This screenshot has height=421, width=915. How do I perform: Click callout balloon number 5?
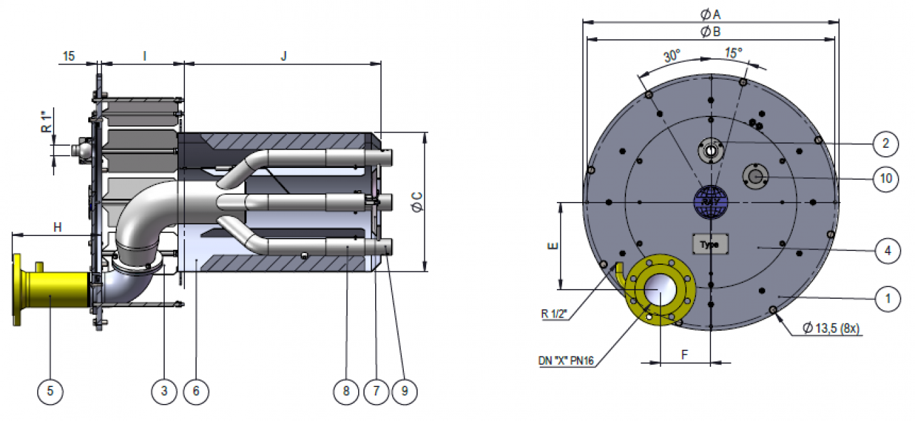(x=50, y=391)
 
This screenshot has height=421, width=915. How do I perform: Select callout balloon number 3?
(x=164, y=391)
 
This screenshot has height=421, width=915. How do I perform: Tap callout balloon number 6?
(x=196, y=391)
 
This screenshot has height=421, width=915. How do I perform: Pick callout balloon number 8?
(x=346, y=391)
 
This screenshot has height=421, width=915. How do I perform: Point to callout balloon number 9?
(x=405, y=391)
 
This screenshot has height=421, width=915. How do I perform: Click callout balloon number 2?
(x=886, y=144)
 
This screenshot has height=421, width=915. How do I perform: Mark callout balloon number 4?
(x=886, y=251)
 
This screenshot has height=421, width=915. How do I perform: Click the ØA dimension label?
(x=710, y=14)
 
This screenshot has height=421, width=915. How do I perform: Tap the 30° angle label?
(x=672, y=56)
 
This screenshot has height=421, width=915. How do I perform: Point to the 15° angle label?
(x=733, y=53)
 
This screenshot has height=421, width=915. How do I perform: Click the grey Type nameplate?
(x=710, y=244)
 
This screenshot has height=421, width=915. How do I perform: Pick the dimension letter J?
(x=284, y=56)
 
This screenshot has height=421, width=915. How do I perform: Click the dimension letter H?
(x=58, y=227)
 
